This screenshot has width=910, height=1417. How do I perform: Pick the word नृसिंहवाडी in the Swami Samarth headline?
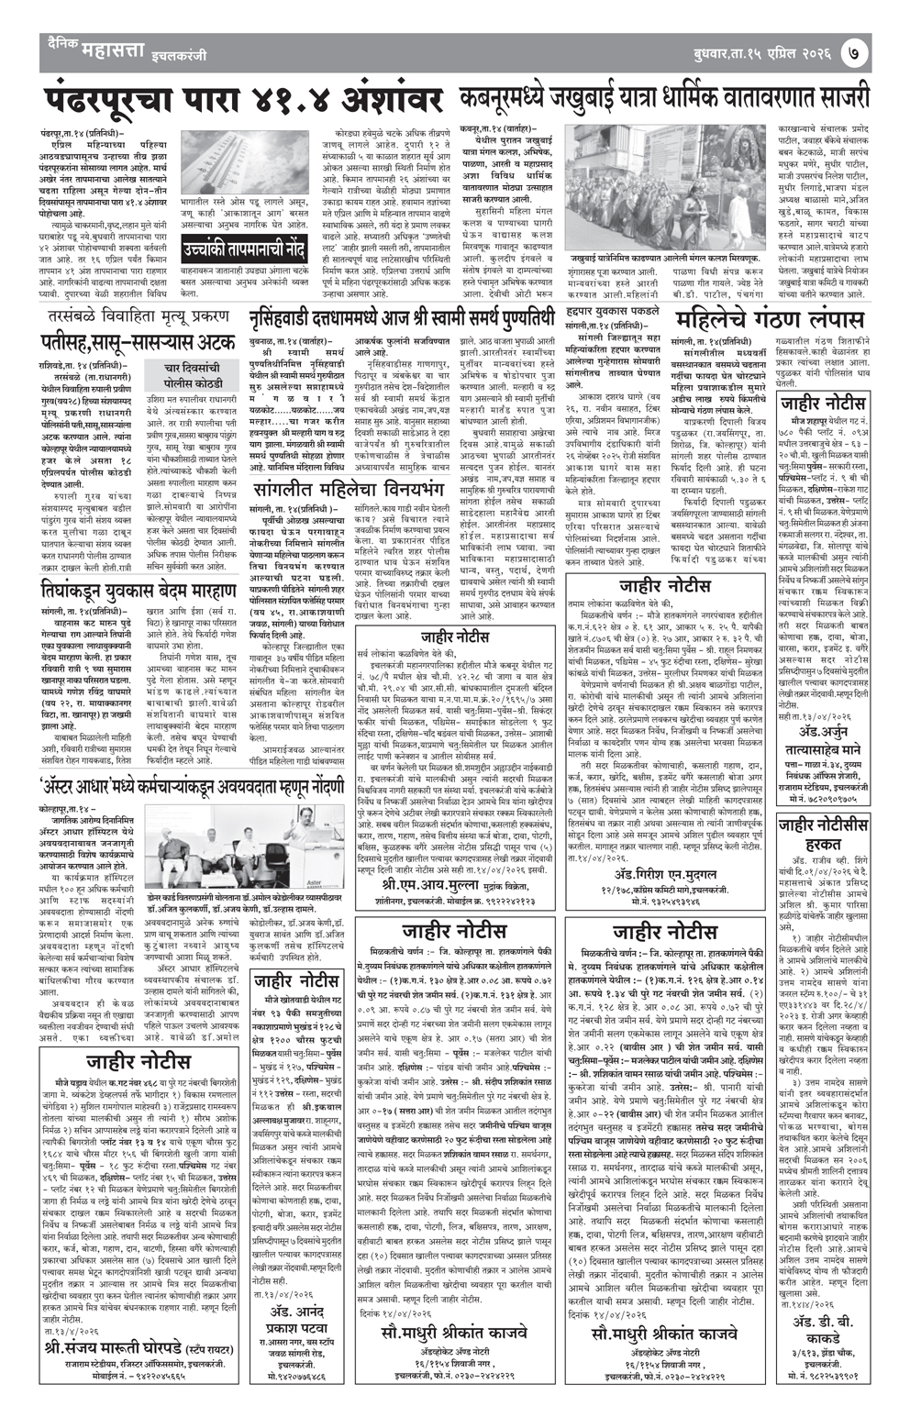295,320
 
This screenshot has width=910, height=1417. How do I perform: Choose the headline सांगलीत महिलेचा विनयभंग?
345,491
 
